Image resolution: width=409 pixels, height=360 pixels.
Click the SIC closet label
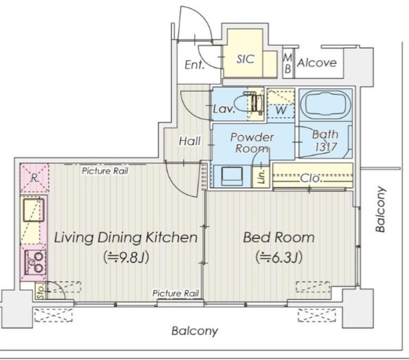pyautogui.click(x=245, y=59)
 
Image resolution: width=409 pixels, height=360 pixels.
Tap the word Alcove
pyautogui.click(x=317, y=63)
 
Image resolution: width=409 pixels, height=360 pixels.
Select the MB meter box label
pyautogui.click(x=288, y=63)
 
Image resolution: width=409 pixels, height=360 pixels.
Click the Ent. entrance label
pyautogui.click(x=194, y=65)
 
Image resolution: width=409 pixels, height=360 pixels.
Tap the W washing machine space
pyautogui.click(x=281, y=105)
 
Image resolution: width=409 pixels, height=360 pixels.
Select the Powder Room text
pyautogui.click(x=252, y=142)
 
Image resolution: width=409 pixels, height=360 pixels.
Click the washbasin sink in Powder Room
pyautogui.click(x=232, y=176)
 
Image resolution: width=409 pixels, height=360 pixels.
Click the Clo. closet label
pyautogui.click(x=310, y=179)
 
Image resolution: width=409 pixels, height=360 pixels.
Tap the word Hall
pyautogui.click(x=190, y=141)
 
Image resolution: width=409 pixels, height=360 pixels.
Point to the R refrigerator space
pyautogui.click(x=34, y=178)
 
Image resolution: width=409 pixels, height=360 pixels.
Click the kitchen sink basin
pyautogui.click(x=33, y=210)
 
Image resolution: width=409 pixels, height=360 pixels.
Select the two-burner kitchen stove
pyautogui.click(x=35, y=262)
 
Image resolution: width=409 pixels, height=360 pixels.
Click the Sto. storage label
pyautogui.click(x=40, y=290)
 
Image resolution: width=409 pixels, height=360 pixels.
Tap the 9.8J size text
pyautogui.click(x=127, y=258)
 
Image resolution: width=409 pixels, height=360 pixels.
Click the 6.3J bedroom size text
pyautogui.click(x=279, y=258)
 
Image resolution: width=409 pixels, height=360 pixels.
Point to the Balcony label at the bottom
pyautogui.click(x=194, y=331)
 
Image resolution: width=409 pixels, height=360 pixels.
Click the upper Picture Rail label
pyautogui.click(x=105, y=171)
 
